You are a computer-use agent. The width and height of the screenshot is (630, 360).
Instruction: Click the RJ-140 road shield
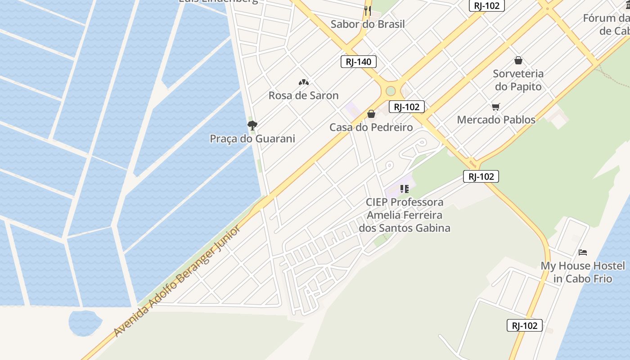pos(358,62)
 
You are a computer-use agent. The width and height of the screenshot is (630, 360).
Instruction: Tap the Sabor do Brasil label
pos(368,24)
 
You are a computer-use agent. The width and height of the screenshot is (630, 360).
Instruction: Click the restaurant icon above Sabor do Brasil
pos(368,10)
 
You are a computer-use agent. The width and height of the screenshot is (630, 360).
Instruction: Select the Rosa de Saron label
pos(303,95)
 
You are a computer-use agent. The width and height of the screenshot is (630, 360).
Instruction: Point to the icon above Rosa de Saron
pos(304,82)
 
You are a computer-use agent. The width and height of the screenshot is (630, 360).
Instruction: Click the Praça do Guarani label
pos(252,139)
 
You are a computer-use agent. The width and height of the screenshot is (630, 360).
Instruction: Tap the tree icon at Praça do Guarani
pos(252,125)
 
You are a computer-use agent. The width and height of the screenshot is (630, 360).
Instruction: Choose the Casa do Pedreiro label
pos(371,127)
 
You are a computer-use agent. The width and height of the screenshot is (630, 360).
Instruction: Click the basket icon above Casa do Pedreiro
pos(371,114)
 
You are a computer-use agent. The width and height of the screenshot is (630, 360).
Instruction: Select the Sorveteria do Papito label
pos(518,80)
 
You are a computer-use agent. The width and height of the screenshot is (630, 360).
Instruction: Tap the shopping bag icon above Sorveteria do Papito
pos(518,60)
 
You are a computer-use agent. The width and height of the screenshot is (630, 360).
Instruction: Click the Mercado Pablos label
pos(496,120)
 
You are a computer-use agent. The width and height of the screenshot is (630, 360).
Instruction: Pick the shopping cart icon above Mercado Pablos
pos(496,107)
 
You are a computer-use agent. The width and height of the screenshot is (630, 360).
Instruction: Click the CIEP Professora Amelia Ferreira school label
pos(405,215)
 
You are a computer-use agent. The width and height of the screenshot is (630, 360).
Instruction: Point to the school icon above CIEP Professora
pos(405,189)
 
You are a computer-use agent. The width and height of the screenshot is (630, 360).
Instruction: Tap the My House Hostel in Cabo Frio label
pos(583,272)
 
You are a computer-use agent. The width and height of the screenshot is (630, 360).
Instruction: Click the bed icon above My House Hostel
pos(583,252)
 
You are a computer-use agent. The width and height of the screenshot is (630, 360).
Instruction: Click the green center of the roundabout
pos(390,91)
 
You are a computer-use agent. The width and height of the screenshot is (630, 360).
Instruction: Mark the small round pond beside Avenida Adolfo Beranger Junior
pos(85,321)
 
